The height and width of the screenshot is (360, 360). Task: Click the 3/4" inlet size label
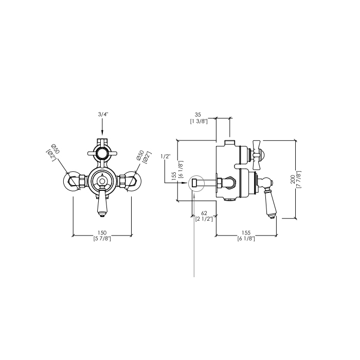point(102,114)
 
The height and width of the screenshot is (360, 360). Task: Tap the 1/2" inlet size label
point(166,156)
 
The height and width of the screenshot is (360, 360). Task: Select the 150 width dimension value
point(102,233)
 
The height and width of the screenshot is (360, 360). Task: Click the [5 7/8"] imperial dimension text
point(102,239)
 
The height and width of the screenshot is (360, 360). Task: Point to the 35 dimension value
point(197,115)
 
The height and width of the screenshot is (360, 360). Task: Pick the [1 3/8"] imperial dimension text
point(199,121)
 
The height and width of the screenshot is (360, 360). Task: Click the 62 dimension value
point(204,213)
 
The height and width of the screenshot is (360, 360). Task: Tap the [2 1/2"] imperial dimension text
point(204,219)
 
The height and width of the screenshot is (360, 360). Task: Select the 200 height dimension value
point(293,179)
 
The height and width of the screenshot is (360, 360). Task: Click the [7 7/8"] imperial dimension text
point(298,179)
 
